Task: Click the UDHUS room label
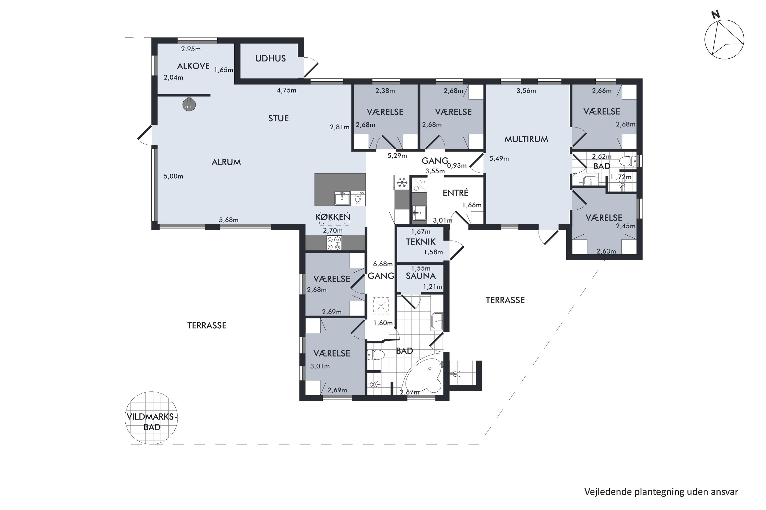(x=270, y=59)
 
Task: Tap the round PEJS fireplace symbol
(x=189, y=105)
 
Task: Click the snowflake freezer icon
(x=402, y=182)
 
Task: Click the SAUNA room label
(x=421, y=276)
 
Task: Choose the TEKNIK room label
(x=421, y=242)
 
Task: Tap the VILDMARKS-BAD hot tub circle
(x=151, y=418)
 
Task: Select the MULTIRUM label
(x=526, y=139)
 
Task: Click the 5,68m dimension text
(x=229, y=220)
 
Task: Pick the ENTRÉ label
(x=455, y=193)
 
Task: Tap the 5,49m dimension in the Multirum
(x=499, y=159)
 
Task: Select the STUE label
(x=279, y=118)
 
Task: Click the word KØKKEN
(x=332, y=217)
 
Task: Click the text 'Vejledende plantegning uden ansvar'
(x=661, y=492)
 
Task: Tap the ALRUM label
(x=226, y=162)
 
